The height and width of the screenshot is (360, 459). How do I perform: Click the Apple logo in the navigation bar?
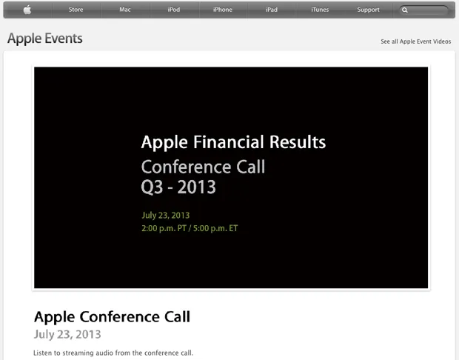tap(27, 10)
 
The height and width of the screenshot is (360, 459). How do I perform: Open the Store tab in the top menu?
tap(76, 10)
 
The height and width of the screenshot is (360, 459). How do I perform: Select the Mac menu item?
tap(124, 10)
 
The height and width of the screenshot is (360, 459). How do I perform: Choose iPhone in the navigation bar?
tap(222, 10)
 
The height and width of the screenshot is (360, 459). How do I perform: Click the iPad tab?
tap(272, 10)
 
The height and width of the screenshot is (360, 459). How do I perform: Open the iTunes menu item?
tap(320, 10)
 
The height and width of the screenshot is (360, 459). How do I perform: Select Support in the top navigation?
tap(368, 10)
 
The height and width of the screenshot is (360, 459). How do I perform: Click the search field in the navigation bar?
tap(428, 10)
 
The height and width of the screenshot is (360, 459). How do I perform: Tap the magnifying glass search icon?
tap(405, 10)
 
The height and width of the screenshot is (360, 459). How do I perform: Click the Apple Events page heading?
tap(45, 39)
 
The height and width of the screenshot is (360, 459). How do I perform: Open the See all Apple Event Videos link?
tap(415, 41)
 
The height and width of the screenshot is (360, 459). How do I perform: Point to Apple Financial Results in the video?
tap(233, 142)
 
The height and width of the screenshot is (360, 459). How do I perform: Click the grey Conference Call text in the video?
tap(203, 166)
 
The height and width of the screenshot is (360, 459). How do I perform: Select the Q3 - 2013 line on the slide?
tap(178, 187)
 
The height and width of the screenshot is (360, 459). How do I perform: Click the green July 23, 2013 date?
tap(165, 216)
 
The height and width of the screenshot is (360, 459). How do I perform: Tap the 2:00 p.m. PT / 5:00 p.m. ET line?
tap(190, 228)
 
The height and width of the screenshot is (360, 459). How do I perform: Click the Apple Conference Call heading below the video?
tap(112, 317)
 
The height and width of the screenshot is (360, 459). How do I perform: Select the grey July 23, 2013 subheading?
tap(67, 335)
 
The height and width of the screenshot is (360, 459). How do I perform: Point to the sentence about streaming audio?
tap(113, 353)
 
